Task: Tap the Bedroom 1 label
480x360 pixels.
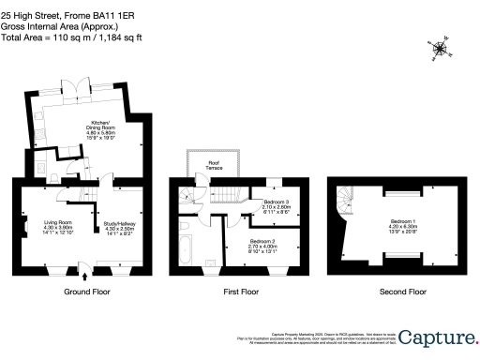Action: tap(405, 224)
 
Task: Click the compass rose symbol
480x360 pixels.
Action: tap(440, 46)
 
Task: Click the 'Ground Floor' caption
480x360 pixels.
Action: tap(82, 292)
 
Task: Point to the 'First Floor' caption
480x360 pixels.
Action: tap(240, 292)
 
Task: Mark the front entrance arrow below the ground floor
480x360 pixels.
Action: tap(86, 275)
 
